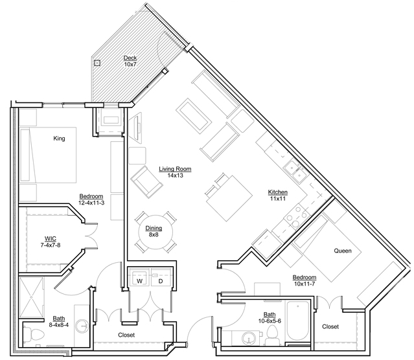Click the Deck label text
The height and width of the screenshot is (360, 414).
130,58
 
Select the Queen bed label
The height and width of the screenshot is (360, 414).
343,251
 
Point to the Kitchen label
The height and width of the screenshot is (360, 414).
278,192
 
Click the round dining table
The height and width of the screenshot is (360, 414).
154,231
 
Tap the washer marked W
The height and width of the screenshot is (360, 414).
139,280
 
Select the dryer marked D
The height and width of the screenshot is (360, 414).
160,280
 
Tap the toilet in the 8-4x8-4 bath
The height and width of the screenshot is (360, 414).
32,334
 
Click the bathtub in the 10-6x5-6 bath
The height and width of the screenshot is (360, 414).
298,322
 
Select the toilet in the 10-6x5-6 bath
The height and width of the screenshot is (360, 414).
273,332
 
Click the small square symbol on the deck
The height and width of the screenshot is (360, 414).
97,63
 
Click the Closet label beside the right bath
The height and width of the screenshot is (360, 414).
330,327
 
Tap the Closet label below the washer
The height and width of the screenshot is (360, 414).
126,335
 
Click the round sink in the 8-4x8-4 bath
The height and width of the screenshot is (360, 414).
81,325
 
